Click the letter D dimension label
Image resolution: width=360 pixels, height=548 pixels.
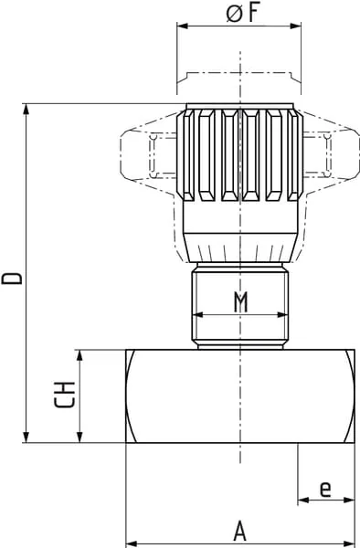click(12, 279)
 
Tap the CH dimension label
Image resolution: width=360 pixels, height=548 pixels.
click(65, 395)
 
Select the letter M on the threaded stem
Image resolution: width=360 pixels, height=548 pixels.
click(240, 302)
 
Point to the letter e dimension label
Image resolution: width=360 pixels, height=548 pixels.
click(325, 489)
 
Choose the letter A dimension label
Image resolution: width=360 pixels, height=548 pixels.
click(240, 531)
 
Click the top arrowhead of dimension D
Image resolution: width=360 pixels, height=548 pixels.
click(26, 109)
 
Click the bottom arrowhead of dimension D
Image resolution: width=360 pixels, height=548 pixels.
click(26, 437)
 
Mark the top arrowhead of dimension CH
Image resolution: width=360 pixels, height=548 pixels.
click(80, 354)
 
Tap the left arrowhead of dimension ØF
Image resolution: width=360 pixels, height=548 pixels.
click(183, 26)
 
